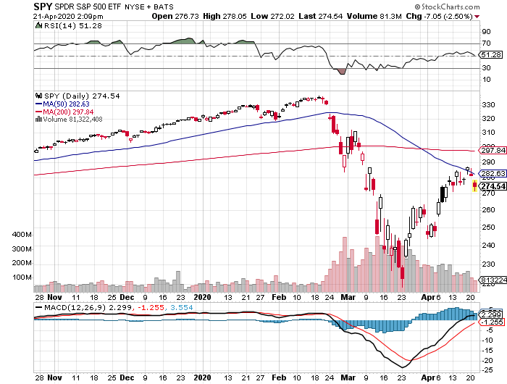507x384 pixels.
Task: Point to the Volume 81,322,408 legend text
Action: pos(73,119)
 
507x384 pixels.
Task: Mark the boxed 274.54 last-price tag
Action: pos(493,186)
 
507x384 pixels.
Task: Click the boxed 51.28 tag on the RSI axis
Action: pos(490,54)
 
